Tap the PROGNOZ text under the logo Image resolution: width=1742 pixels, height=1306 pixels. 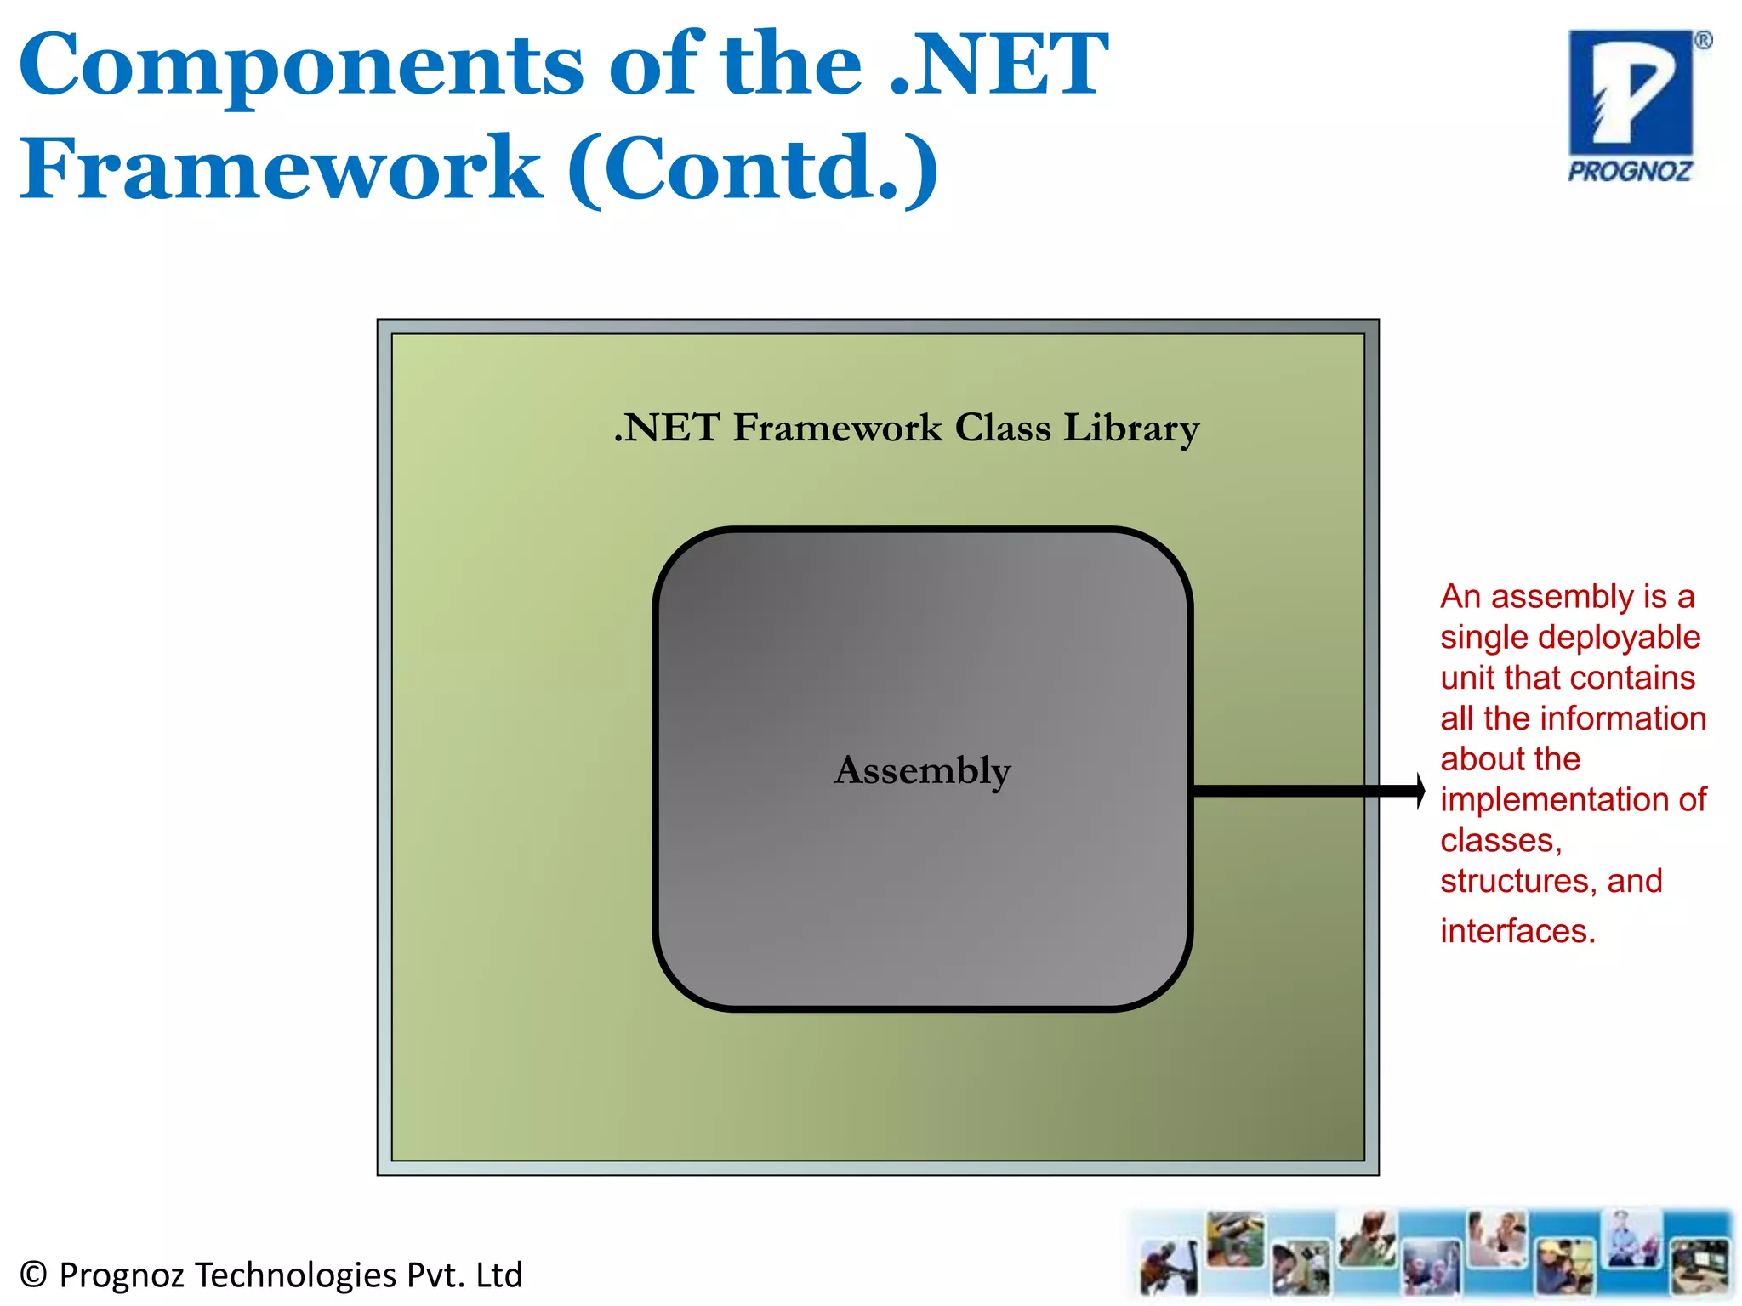(1630, 172)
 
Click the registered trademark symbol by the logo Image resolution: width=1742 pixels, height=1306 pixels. (1703, 40)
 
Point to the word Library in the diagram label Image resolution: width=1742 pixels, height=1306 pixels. (1131, 429)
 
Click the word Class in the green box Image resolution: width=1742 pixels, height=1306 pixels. (1003, 428)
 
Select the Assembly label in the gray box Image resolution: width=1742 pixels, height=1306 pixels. (922, 770)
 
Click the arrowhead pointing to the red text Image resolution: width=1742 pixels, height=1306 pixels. (1419, 791)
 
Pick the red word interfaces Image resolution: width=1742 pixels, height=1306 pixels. (1517, 931)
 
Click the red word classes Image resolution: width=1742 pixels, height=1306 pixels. (1500, 840)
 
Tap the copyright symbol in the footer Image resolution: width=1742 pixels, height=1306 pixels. (32, 1275)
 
